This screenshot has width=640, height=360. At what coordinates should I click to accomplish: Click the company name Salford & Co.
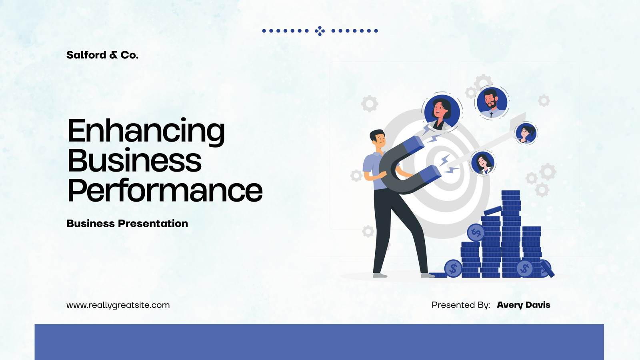(x=102, y=55)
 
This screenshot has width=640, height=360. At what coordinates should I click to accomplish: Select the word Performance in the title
(x=165, y=190)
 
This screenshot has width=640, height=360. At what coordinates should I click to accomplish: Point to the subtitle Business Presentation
(x=127, y=224)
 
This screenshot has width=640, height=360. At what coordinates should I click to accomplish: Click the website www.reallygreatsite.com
(x=118, y=305)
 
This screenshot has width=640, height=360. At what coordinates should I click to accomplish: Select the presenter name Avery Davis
(x=524, y=305)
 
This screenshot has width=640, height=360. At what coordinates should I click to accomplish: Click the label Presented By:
(x=460, y=305)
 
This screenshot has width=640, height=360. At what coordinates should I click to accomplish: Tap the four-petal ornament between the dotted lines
(x=320, y=31)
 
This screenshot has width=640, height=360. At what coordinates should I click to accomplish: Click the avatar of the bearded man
(x=492, y=102)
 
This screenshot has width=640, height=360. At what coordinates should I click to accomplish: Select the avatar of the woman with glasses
(x=526, y=133)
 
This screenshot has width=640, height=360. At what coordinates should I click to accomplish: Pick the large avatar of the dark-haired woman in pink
(x=442, y=112)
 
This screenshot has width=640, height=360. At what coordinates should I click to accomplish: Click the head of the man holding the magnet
(x=378, y=139)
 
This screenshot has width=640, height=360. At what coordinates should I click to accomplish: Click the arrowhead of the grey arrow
(x=518, y=120)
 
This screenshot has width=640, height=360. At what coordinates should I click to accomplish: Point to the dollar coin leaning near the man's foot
(x=453, y=268)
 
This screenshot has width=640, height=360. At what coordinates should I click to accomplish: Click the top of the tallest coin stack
(x=510, y=192)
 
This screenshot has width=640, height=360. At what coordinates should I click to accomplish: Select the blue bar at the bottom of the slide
(x=319, y=342)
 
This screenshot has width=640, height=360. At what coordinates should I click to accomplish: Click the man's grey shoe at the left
(x=380, y=276)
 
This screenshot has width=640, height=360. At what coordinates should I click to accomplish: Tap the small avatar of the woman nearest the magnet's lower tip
(x=482, y=163)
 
